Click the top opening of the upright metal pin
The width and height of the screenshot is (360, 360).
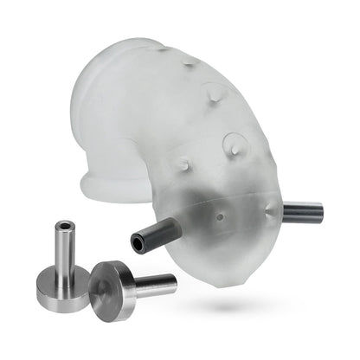coord(62,227)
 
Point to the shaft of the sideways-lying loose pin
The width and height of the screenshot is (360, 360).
coord(154,282)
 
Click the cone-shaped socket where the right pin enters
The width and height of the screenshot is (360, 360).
coord(273,208)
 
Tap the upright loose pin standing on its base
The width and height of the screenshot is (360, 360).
coord(63,260)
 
